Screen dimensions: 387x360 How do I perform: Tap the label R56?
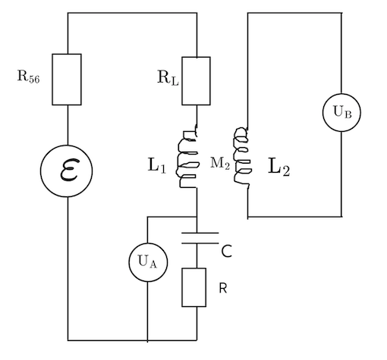(x=28, y=77)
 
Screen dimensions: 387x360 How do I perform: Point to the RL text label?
(x=168, y=77)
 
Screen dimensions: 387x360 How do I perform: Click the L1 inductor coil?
(x=187, y=158)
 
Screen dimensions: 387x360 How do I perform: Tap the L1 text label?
(x=156, y=165)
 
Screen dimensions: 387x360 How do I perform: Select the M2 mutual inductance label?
(x=220, y=163)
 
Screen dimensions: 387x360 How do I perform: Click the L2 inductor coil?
(x=243, y=158)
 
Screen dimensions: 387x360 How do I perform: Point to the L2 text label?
(x=278, y=167)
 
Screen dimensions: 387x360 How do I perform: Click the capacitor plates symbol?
(x=200, y=238)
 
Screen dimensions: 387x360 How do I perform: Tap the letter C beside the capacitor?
(x=227, y=252)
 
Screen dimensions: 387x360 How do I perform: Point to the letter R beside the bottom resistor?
(x=223, y=288)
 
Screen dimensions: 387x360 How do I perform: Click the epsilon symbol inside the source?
(x=69, y=170)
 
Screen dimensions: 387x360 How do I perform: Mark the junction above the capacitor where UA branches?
(x=197, y=217)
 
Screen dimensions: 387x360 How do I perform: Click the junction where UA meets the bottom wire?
(x=148, y=340)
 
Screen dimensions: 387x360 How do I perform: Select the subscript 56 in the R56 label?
(x=34, y=79)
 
